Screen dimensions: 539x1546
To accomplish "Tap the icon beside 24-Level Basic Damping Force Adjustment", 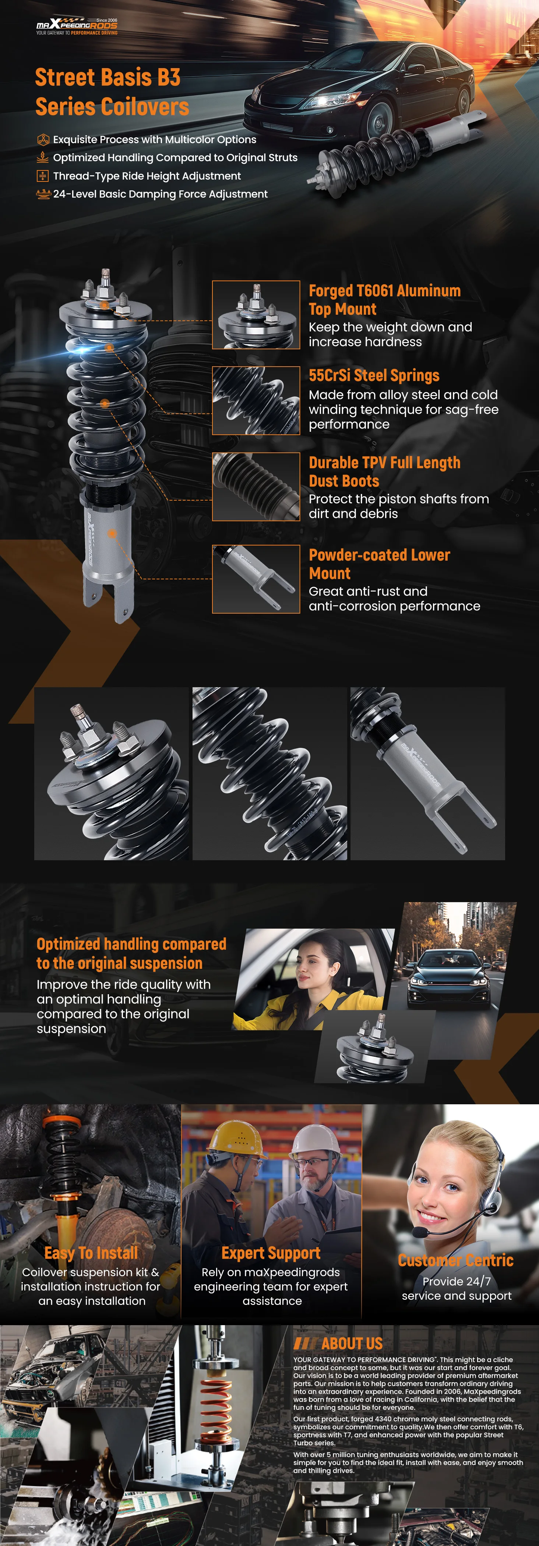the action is click(x=43, y=194).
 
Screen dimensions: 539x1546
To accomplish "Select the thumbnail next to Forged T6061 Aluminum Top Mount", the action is click(x=256, y=315).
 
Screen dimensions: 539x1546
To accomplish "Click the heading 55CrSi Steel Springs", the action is click(x=374, y=376).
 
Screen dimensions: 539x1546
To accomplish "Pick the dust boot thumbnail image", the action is click(x=256, y=487).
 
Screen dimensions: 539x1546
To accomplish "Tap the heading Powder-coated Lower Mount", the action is click(x=379, y=564).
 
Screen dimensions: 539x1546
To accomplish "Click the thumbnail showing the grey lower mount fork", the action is click(x=256, y=579).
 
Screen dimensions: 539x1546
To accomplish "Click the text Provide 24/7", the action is click(x=457, y=1281).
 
